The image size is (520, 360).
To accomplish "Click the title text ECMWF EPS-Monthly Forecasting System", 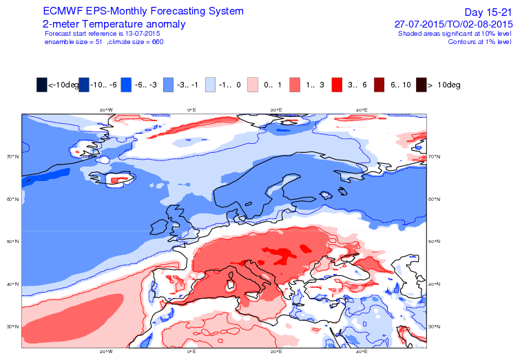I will (143, 12).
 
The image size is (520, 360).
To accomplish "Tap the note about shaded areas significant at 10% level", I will (455, 33).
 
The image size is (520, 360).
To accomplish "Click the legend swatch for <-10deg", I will (42, 85).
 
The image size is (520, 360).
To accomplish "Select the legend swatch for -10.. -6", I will (84, 85).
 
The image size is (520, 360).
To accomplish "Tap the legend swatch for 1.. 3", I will (295, 85).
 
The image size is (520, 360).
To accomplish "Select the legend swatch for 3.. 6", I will (337, 85).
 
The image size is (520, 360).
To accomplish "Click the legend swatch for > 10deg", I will (422, 85).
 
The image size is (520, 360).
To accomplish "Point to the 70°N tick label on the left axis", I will (11, 157).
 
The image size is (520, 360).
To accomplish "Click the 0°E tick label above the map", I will (192, 109).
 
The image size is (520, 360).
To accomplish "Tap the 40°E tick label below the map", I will (361, 351).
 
